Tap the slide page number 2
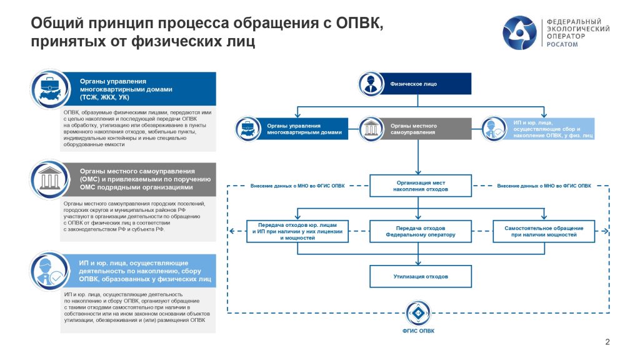607,341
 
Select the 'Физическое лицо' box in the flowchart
414,83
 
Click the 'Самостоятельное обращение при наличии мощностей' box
544,232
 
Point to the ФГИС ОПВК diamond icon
417,312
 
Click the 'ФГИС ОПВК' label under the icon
417,331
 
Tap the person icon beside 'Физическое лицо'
369,84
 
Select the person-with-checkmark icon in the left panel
51,270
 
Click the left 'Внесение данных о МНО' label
297,186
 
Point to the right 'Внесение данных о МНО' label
544,186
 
